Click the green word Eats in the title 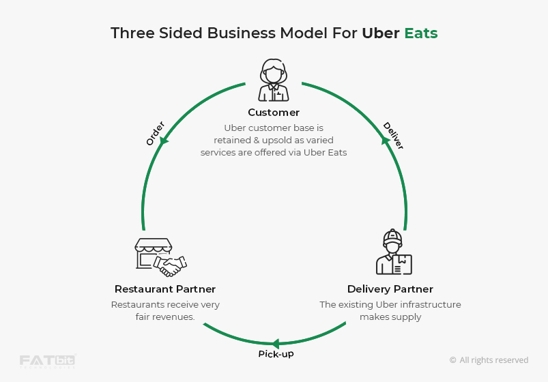tap(420, 33)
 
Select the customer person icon tap(274, 80)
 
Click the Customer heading tap(274, 113)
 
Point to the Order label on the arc tap(156, 134)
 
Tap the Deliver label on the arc tap(393, 135)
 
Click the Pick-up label tap(276, 354)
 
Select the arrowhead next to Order tap(164, 141)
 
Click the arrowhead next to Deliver tap(385, 140)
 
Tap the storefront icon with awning tap(152, 253)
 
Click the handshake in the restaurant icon tap(171, 265)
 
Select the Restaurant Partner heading tap(165, 289)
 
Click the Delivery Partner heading tap(390, 289)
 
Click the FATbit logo tap(46, 361)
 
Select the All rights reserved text tap(489, 360)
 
